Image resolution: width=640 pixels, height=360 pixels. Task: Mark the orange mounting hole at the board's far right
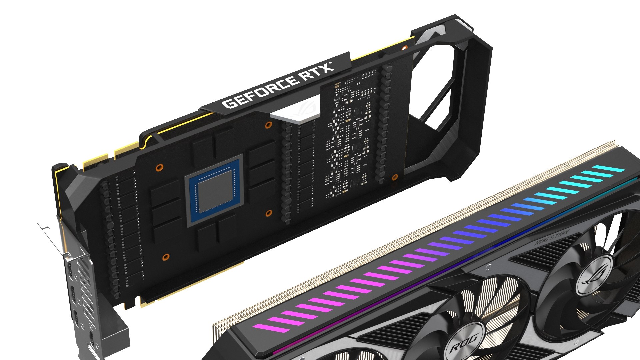[x=395, y=177]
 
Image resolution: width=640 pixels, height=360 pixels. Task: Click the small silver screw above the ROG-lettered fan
[x=488, y=267]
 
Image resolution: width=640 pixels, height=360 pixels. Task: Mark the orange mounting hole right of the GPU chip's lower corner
[x=269, y=213]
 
